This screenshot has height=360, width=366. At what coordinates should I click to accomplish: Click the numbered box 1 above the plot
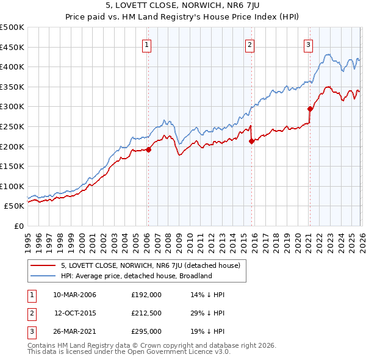coord(148,44)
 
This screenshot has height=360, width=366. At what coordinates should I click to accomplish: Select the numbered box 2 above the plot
coord(250,44)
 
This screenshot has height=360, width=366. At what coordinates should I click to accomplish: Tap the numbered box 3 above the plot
coord(309,44)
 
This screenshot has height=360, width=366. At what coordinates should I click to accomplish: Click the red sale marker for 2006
coord(148,149)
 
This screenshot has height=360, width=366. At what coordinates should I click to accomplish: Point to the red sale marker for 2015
coord(251,141)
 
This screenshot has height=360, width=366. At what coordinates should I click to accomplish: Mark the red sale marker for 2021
coord(310,109)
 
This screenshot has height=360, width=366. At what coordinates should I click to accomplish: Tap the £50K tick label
coord(15,206)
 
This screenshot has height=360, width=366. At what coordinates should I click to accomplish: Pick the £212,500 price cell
coord(146,313)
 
